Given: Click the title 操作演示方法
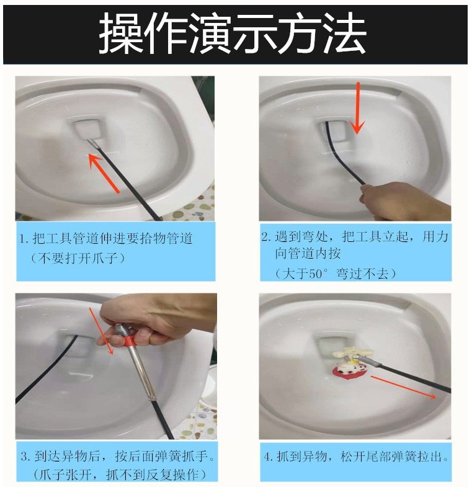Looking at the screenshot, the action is (232, 34).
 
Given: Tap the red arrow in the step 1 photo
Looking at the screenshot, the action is (104, 173).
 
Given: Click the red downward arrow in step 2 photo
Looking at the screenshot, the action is (358, 108).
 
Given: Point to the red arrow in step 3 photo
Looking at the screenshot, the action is (101, 331).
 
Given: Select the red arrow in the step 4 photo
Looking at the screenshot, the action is (404, 387).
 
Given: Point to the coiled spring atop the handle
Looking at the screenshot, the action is (122, 329).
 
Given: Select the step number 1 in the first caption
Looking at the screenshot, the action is (22, 239).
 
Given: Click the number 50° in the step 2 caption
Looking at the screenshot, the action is (318, 274).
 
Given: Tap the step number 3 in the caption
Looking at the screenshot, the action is (25, 456).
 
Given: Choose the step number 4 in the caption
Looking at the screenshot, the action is (267, 457).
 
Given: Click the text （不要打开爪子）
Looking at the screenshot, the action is (78, 258).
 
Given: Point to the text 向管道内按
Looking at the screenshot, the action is (308, 253).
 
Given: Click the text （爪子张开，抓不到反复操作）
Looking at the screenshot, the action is (120, 475).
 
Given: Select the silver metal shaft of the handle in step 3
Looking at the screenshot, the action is (142, 373).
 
